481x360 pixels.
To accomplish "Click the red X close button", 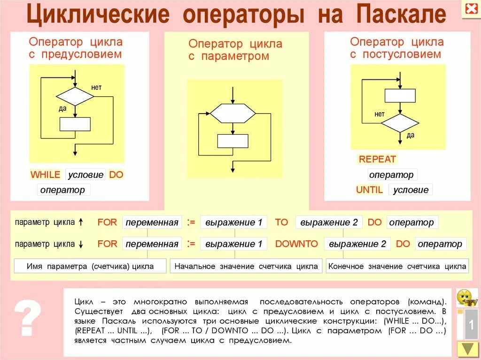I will pyautogui.click(x=470, y=9).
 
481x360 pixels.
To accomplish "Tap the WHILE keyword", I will pyautogui.click(x=46, y=175).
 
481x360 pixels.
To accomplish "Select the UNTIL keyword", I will pyautogui.click(x=370, y=190).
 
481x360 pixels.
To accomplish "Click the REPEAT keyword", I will pyautogui.click(x=377, y=159).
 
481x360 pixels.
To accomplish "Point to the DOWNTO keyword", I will pyautogui.click(x=296, y=244).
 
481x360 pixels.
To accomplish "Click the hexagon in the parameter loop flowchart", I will pyautogui.click(x=233, y=113).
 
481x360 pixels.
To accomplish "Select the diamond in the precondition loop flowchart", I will pyautogui.click(x=75, y=96).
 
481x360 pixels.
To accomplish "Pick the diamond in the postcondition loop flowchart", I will pyautogui.click(x=400, y=123).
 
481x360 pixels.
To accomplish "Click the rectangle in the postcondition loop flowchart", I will pyautogui.click(x=400, y=95).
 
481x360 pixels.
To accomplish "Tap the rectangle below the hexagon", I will pyautogui.click(x=233, y=141).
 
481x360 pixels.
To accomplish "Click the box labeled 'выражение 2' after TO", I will pyautogui.click(x=329, y=222).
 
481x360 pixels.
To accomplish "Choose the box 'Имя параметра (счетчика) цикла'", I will pyautogui.click(x=90, y=266).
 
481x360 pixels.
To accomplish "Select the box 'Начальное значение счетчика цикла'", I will pyautogui.click(x=246, y=266).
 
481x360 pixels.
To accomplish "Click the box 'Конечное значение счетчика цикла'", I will pyautogui.click(x=397, y=266).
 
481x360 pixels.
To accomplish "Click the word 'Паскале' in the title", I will pyautogui.click(x=400, y=15).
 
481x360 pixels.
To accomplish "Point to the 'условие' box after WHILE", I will pyautogui.click(x=85, y=175).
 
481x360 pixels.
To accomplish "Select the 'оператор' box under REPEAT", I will pyautogui.click(x=392, y=175).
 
